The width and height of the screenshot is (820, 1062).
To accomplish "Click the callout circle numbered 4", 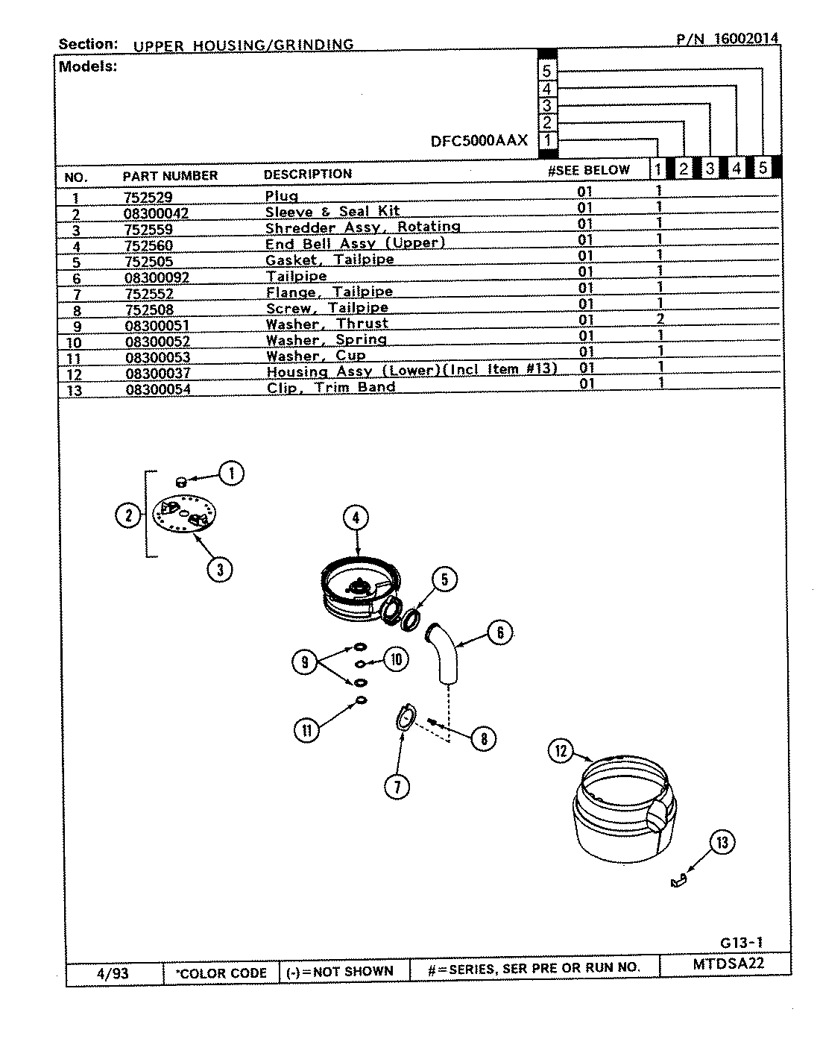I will coord(356,517).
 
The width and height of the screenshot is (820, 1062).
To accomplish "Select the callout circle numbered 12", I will coord(561,751).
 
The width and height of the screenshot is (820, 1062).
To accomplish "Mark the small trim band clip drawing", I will coord(677,882).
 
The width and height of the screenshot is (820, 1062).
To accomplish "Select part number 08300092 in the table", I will coord(157,277).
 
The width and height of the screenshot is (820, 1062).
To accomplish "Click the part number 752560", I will coord(149,245).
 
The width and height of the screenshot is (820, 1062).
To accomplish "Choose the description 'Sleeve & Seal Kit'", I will coord(332,212).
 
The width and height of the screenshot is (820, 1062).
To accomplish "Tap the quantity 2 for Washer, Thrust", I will coord(659,319).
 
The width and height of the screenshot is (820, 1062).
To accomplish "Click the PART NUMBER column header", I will coord(170,176).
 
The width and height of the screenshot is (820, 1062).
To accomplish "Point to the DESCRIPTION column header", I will coord(307,175).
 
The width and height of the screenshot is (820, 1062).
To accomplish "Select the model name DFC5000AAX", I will coord(479,140).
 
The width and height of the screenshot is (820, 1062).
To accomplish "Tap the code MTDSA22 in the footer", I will coord(728,963).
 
